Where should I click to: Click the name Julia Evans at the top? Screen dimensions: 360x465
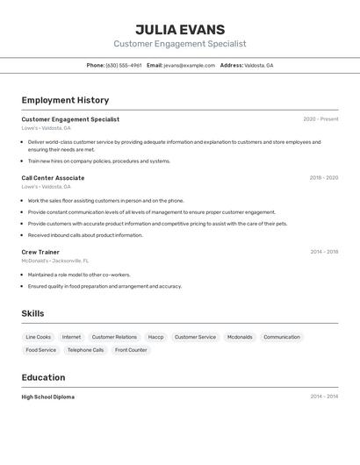pyautogui.click(x=179, y=29)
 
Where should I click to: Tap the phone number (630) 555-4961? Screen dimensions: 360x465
pyautogui.click(x=123, y=65)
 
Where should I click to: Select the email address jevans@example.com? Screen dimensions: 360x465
pyautogui.click(x=189, y=65)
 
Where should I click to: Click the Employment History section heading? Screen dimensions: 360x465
pyautogui.click(x=65, y=100)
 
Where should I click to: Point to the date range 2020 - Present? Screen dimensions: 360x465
pyautogui.click(x=320, y=119)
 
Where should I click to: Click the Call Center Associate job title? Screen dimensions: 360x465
pyautogui.click(x=53, y=178)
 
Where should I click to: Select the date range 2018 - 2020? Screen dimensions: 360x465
pyautogui.click(x=323, y=178)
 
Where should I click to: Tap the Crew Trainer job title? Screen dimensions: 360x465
pyautogui.click(x=40, y=252)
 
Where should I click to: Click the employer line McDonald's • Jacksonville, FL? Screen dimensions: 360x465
pyautogui.click(x=55, y=261)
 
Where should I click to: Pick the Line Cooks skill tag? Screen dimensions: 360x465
pyautogui.click(x=39, y=337)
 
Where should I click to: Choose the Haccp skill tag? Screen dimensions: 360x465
pyautogui.click(x=155, y=337)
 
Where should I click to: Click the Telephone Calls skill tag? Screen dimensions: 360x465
pyautogui.click(x=85, y=350)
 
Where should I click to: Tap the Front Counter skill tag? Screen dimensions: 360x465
pyautogui.click(x=131, y=350)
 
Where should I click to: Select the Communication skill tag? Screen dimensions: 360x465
pyautogui.click(x=282, y=337)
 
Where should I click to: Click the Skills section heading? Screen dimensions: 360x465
pyautogui.click(x=32, y=313)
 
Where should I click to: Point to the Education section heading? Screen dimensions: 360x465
pyautogui.click(x=43, y=377)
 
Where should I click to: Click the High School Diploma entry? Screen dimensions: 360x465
pyautogui.click(x=47, y=397)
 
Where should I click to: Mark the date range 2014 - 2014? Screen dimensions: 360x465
pyautogui.click(x=323, y=397)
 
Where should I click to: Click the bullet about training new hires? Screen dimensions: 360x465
pyautogui.click(x=98, y=161)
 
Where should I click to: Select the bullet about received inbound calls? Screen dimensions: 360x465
pyautogui.click(x=84, y=235)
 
